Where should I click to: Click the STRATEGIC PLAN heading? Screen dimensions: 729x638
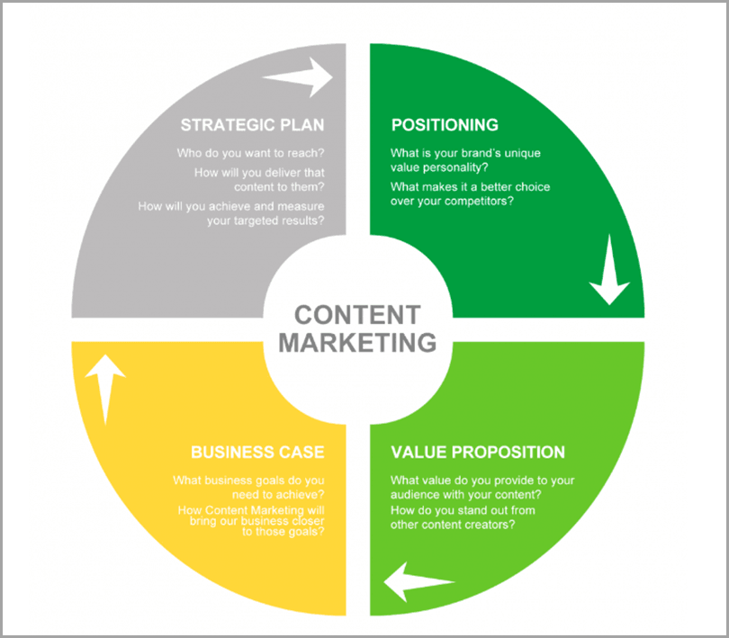click(253, 125)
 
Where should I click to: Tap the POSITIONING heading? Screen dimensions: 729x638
click(445, 125)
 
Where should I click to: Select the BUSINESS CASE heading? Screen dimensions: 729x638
click(257, 452)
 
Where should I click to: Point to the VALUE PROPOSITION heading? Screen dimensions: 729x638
click(478, 452)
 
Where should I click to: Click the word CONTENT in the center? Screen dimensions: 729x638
click(357, 315)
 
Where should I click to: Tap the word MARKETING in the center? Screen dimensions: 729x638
click(357, 343)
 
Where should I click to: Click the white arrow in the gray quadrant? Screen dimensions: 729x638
click(298, 77)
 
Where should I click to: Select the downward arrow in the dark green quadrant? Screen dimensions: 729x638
click(609, 270)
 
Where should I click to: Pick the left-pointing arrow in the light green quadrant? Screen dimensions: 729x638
click(419, 581)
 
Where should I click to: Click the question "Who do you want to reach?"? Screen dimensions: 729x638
click(250, 153)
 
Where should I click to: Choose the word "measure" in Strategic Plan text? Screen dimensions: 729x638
click(301, 206)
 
